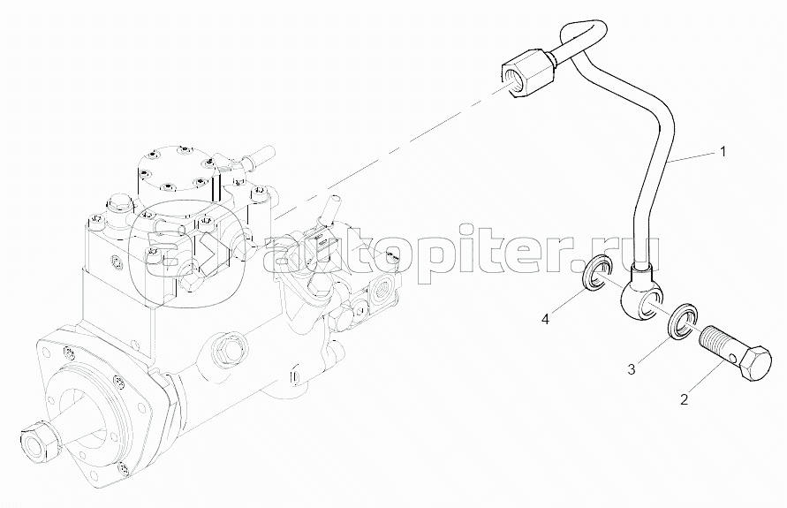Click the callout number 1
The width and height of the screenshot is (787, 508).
tap(723, 151)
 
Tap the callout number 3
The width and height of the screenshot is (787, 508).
tap(632, 369)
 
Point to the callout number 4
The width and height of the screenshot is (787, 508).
tap(547, 319)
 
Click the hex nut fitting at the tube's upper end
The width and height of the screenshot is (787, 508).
tap(528, 72)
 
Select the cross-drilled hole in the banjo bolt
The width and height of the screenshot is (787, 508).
tap(734, 358)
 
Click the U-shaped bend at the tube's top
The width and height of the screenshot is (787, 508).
tap(582, 36)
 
